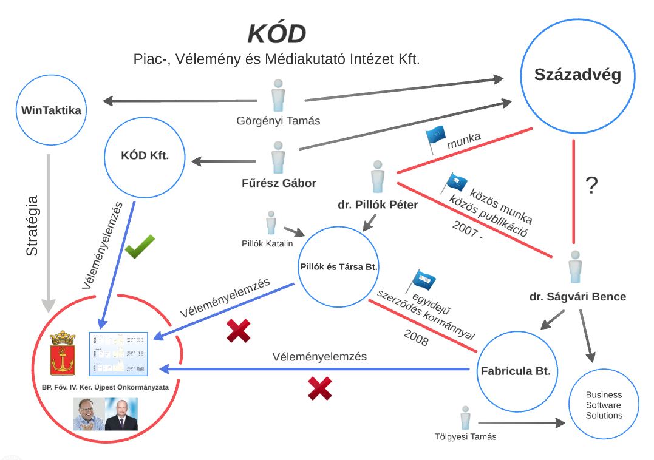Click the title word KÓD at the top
pos(276,34)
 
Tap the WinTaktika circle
pos(51,110)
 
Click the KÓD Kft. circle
pos(145,155)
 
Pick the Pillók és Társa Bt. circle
pos(339,266)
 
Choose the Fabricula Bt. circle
pos(516,371)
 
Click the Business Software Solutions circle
pos(604,404)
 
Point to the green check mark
pos(140,246)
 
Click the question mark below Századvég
pos(591,186)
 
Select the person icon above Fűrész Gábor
pos(278,158)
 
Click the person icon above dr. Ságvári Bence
pos(574,268)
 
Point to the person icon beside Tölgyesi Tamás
pos(465,418)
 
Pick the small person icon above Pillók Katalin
pos(271,223)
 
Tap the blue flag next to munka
pos(435,138)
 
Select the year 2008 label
pos(415,339)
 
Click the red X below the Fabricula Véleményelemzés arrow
pos(320,388)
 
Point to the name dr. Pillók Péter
pos(378,205)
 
